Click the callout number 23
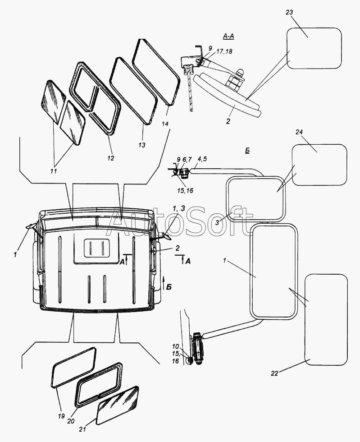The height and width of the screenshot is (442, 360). [x=289, y=12]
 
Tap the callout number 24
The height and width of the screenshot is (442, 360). [x=299, y=132]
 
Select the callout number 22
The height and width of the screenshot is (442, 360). [x=275, y=373]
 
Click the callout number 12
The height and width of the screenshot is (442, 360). [x=111, y=158]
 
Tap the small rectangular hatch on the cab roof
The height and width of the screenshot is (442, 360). [x=98, y=249]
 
